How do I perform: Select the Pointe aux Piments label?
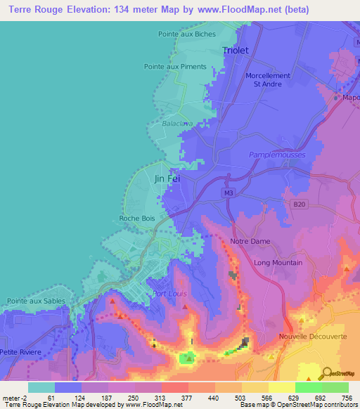coord(175,67)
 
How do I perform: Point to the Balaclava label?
coord(178,123)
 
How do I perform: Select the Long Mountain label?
coord(278,263)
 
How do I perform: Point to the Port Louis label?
coord(170,294)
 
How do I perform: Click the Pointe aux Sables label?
coord(36,301)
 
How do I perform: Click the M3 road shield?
coord(228,193)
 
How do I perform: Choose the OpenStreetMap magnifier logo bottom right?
coord(328,372)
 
